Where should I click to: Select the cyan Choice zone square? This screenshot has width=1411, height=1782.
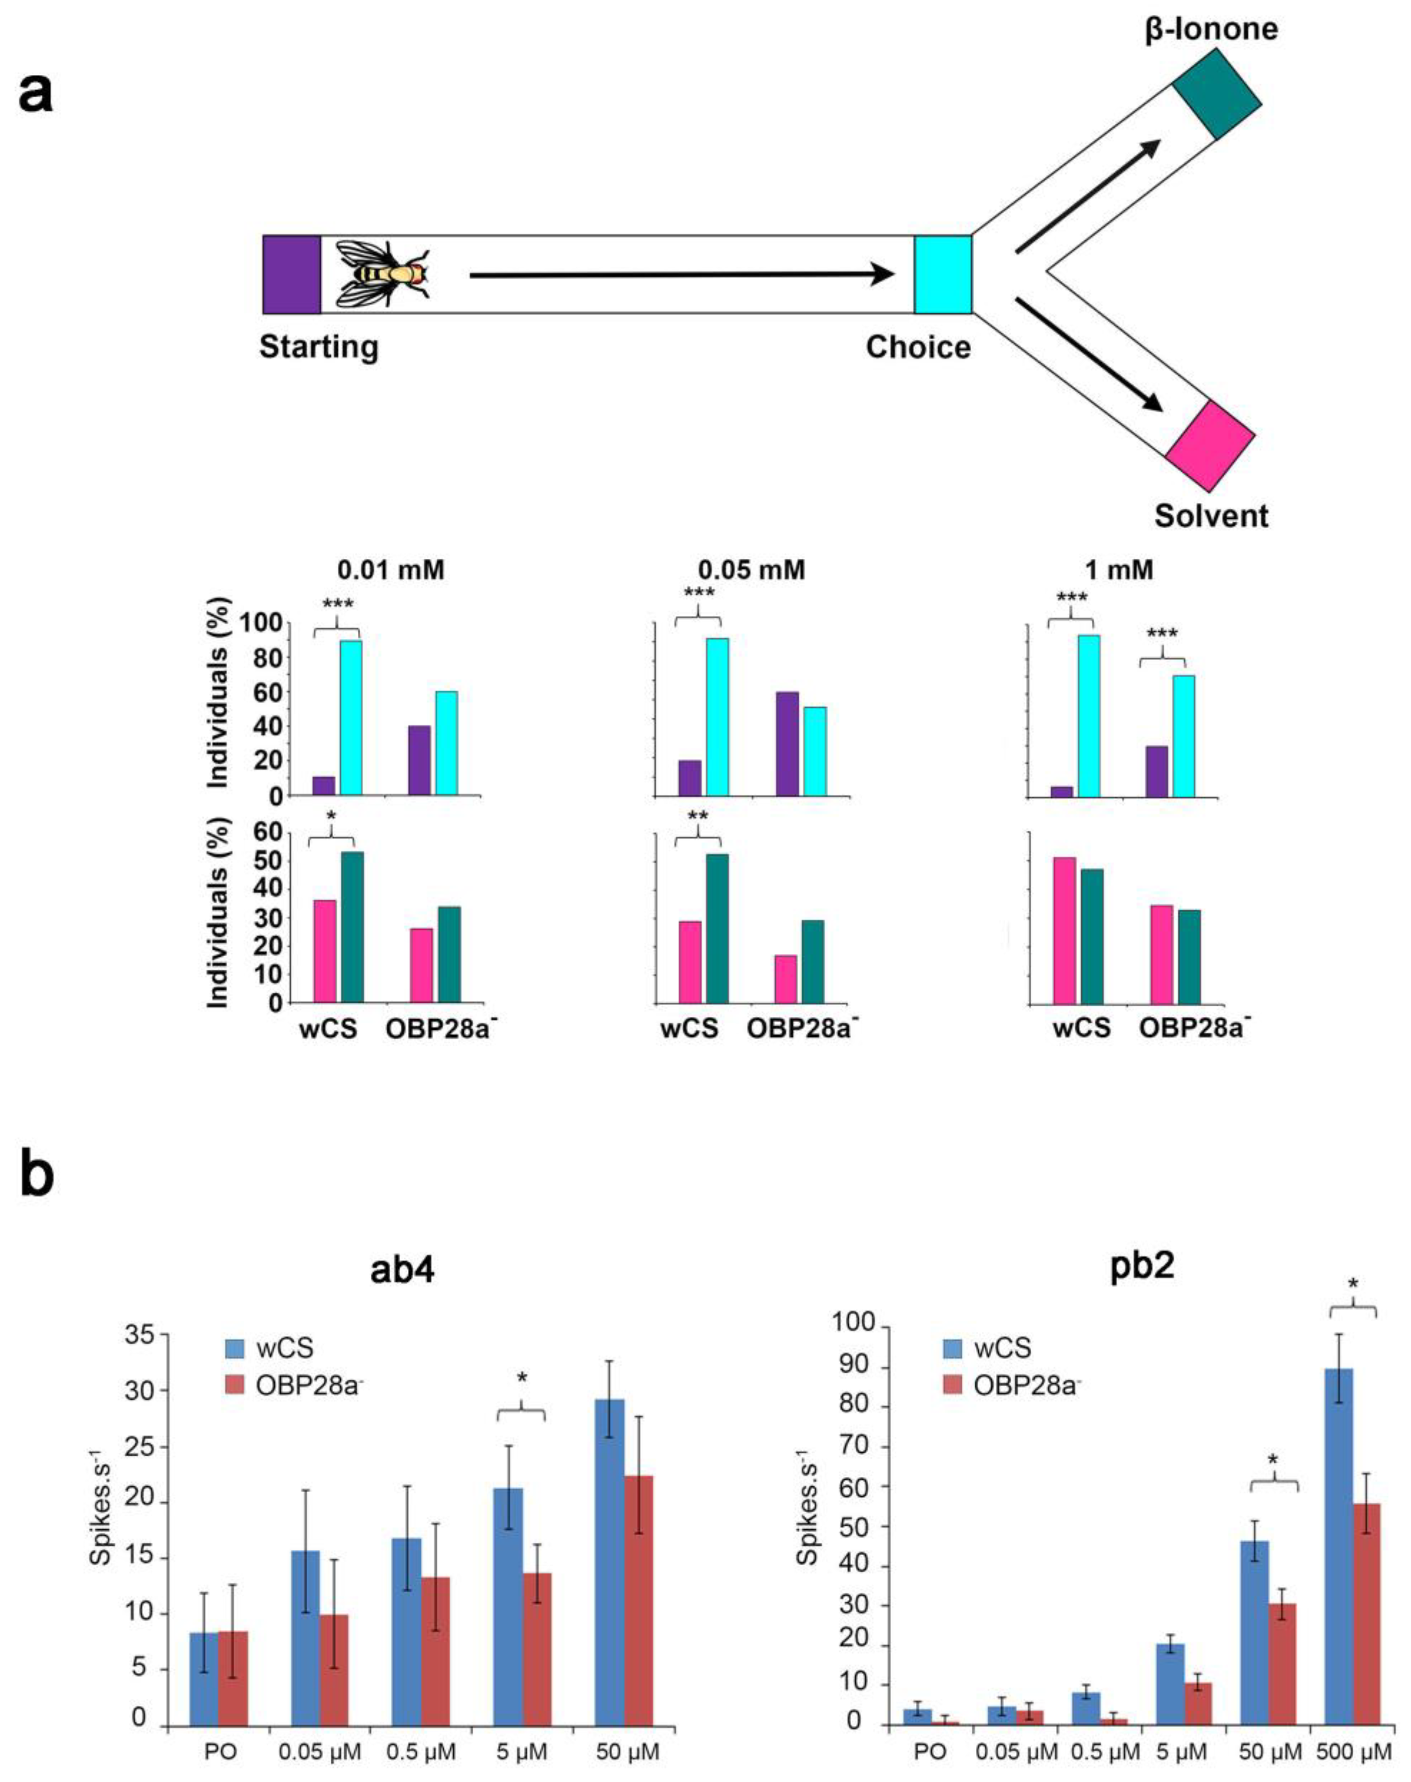pos(943,275)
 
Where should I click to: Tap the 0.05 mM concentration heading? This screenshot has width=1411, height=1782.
pos(751,570)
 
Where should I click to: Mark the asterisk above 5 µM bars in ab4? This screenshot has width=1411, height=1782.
pos(521,1378)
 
